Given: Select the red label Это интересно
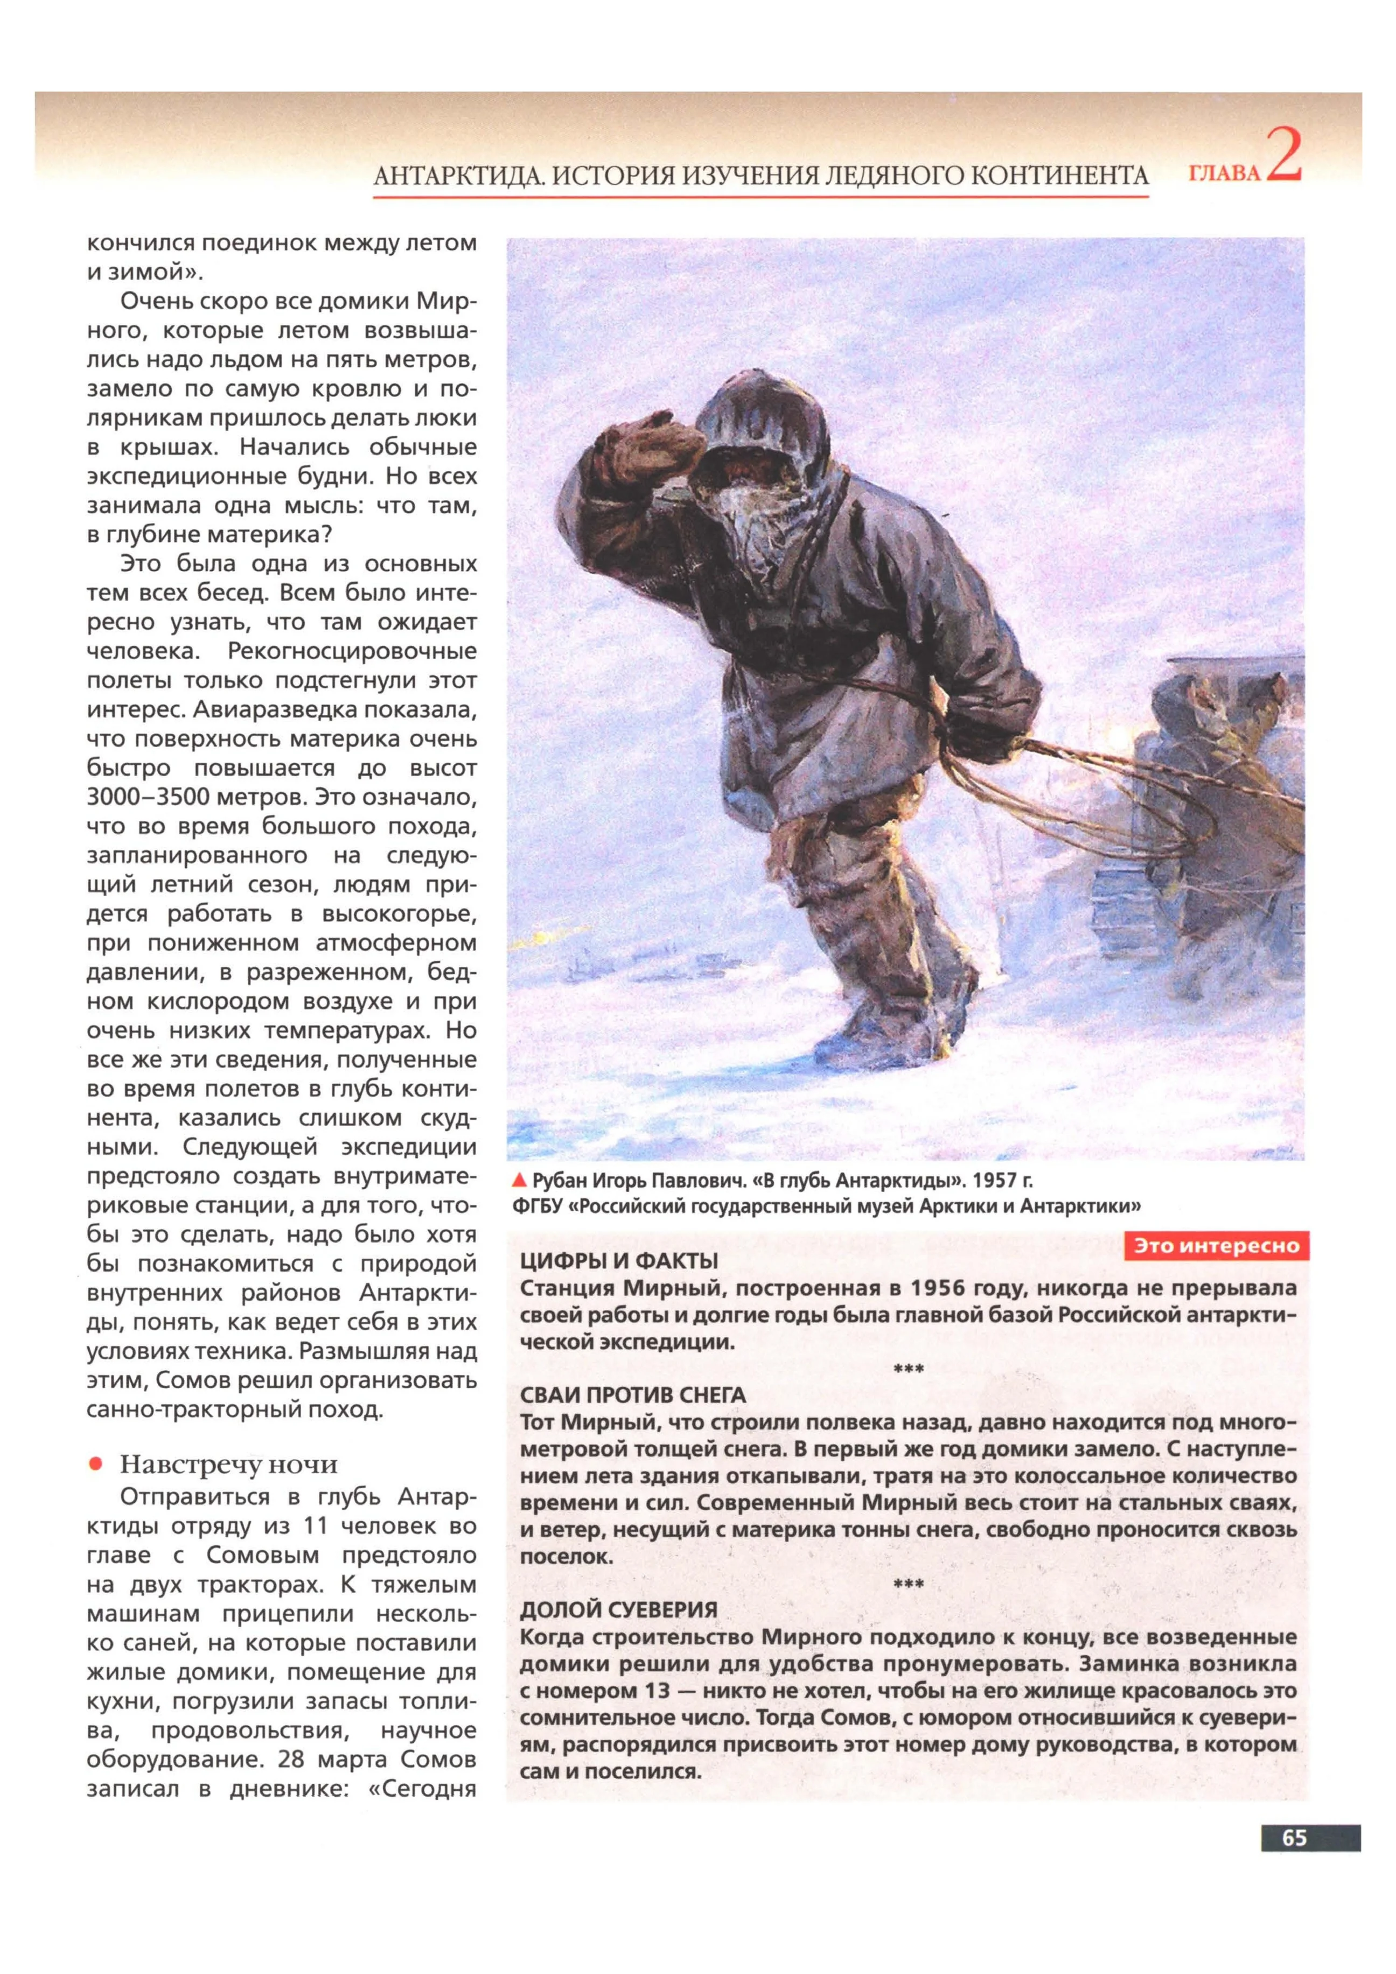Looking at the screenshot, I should click(x=1216, y=1246).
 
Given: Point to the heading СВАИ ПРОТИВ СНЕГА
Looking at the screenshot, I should click(x=633, y=1394).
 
